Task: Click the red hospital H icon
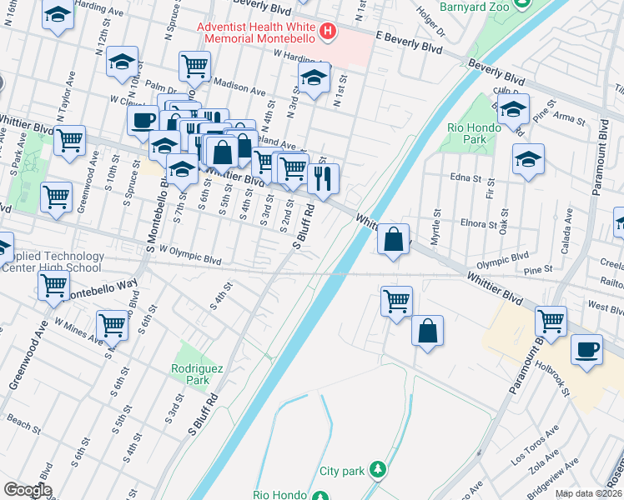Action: pos(328,32)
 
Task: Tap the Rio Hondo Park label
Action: pos(473,133)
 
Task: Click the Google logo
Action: pos(28,490)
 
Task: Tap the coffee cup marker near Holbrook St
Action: pos(586,348)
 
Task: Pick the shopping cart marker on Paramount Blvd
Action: pos(551,319)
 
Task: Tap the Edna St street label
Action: pos(466,177)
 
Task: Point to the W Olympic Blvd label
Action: pos(189,255)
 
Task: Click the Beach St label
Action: pos(23,425)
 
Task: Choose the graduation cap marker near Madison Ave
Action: pos(314,79)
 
